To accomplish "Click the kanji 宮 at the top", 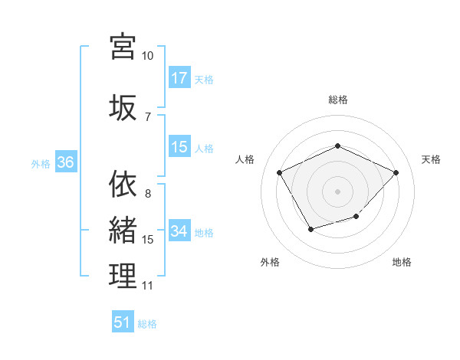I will (x=123, y=47).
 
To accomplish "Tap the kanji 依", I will (x=123, y=185).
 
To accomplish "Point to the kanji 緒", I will (x=123, y=231).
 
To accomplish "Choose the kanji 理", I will (x=123, y=277).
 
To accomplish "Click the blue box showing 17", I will (x=179, y=78).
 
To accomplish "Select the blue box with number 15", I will (x=179, y=148).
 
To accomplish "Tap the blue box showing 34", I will (x=179, y=231).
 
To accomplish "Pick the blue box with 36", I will (x=65, y=162).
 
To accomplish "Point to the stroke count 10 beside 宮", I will (x=147, y=56).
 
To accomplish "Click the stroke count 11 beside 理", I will (x=147, y=286).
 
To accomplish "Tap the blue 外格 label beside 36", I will (x=41, y=163).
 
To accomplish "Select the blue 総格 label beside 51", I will (x=147, y=324).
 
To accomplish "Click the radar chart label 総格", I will (x=337, y=100).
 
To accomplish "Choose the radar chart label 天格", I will (x=431, y=159).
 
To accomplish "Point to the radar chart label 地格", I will (x=402, y=262).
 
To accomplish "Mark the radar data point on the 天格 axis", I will (x=396, y=172).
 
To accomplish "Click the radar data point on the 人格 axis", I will (x=279, y=172).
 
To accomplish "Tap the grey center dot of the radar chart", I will (x=337, y=191).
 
